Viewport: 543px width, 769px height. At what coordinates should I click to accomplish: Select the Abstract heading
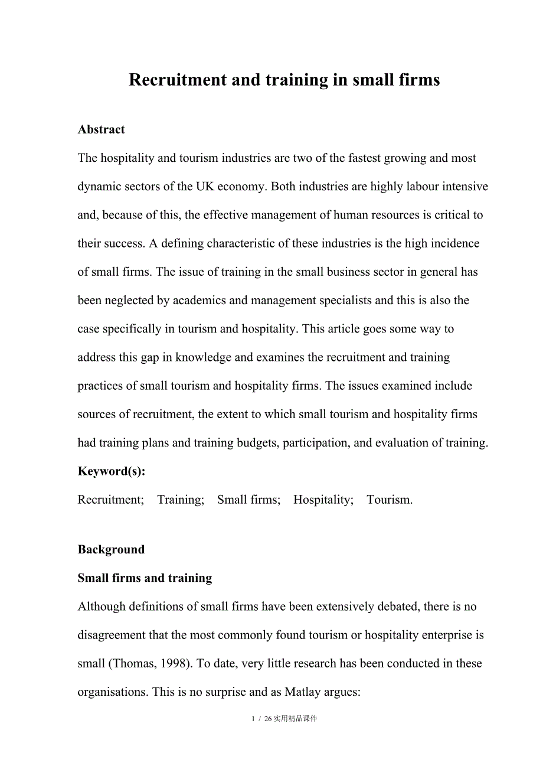coord(101,129)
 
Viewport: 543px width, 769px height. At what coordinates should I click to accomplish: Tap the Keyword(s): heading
coord(111,471)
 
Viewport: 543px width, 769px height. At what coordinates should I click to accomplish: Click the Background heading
coord(111,549)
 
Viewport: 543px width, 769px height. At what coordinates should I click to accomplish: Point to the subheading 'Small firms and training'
coord(145,578)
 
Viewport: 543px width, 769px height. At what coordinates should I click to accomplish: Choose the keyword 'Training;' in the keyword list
coord(181,500)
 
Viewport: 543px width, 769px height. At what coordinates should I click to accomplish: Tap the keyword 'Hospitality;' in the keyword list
coord(323,500)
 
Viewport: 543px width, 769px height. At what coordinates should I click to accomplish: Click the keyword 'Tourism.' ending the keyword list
coord(390,500)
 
